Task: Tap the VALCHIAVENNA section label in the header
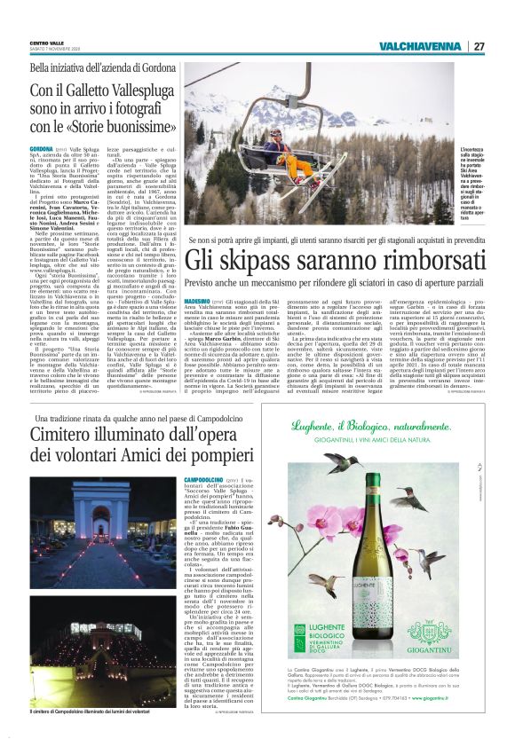coord(418,46)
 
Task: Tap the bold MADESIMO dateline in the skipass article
coord(200,303)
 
